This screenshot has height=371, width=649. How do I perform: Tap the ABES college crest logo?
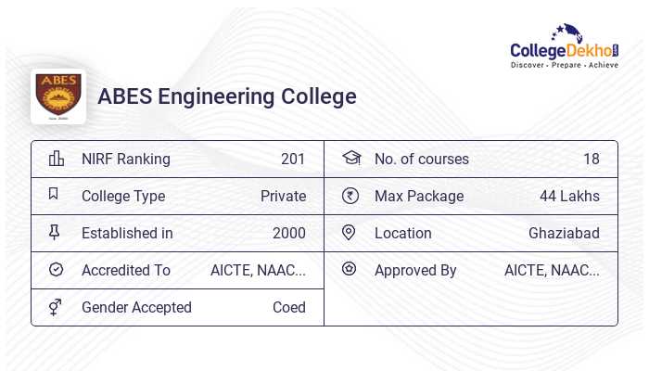(x=58, y=96)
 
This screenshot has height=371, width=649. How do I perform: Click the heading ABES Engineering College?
(x=226, y=96)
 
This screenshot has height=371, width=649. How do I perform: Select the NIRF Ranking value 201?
(x=293, y=159)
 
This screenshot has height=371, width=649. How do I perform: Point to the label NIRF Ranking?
(x=126, y=159)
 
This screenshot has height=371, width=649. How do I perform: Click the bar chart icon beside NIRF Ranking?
(x=56, y=159)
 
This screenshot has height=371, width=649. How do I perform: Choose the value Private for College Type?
(x=283, y=196)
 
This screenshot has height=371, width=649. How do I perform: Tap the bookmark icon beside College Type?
(x=54, y=195)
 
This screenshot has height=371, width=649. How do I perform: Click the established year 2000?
(x=289, y=233)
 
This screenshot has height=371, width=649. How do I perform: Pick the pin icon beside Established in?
(x=54, y=233)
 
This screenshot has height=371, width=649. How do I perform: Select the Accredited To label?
(x=126, y=270)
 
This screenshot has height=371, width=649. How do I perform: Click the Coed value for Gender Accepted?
(x=289, y=307)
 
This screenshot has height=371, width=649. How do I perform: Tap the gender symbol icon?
(x=55, y=307)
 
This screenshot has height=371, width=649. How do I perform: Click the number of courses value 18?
(x=592, y=159)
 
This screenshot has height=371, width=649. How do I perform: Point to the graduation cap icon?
(x=350, y=158)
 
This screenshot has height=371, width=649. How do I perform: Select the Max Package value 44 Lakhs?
(x=569, y=196)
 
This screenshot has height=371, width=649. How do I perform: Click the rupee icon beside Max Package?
(x=350, y=196)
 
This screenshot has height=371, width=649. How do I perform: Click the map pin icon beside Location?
(x=349, y=233)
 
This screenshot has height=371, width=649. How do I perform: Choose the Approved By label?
(x=415, y=270)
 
